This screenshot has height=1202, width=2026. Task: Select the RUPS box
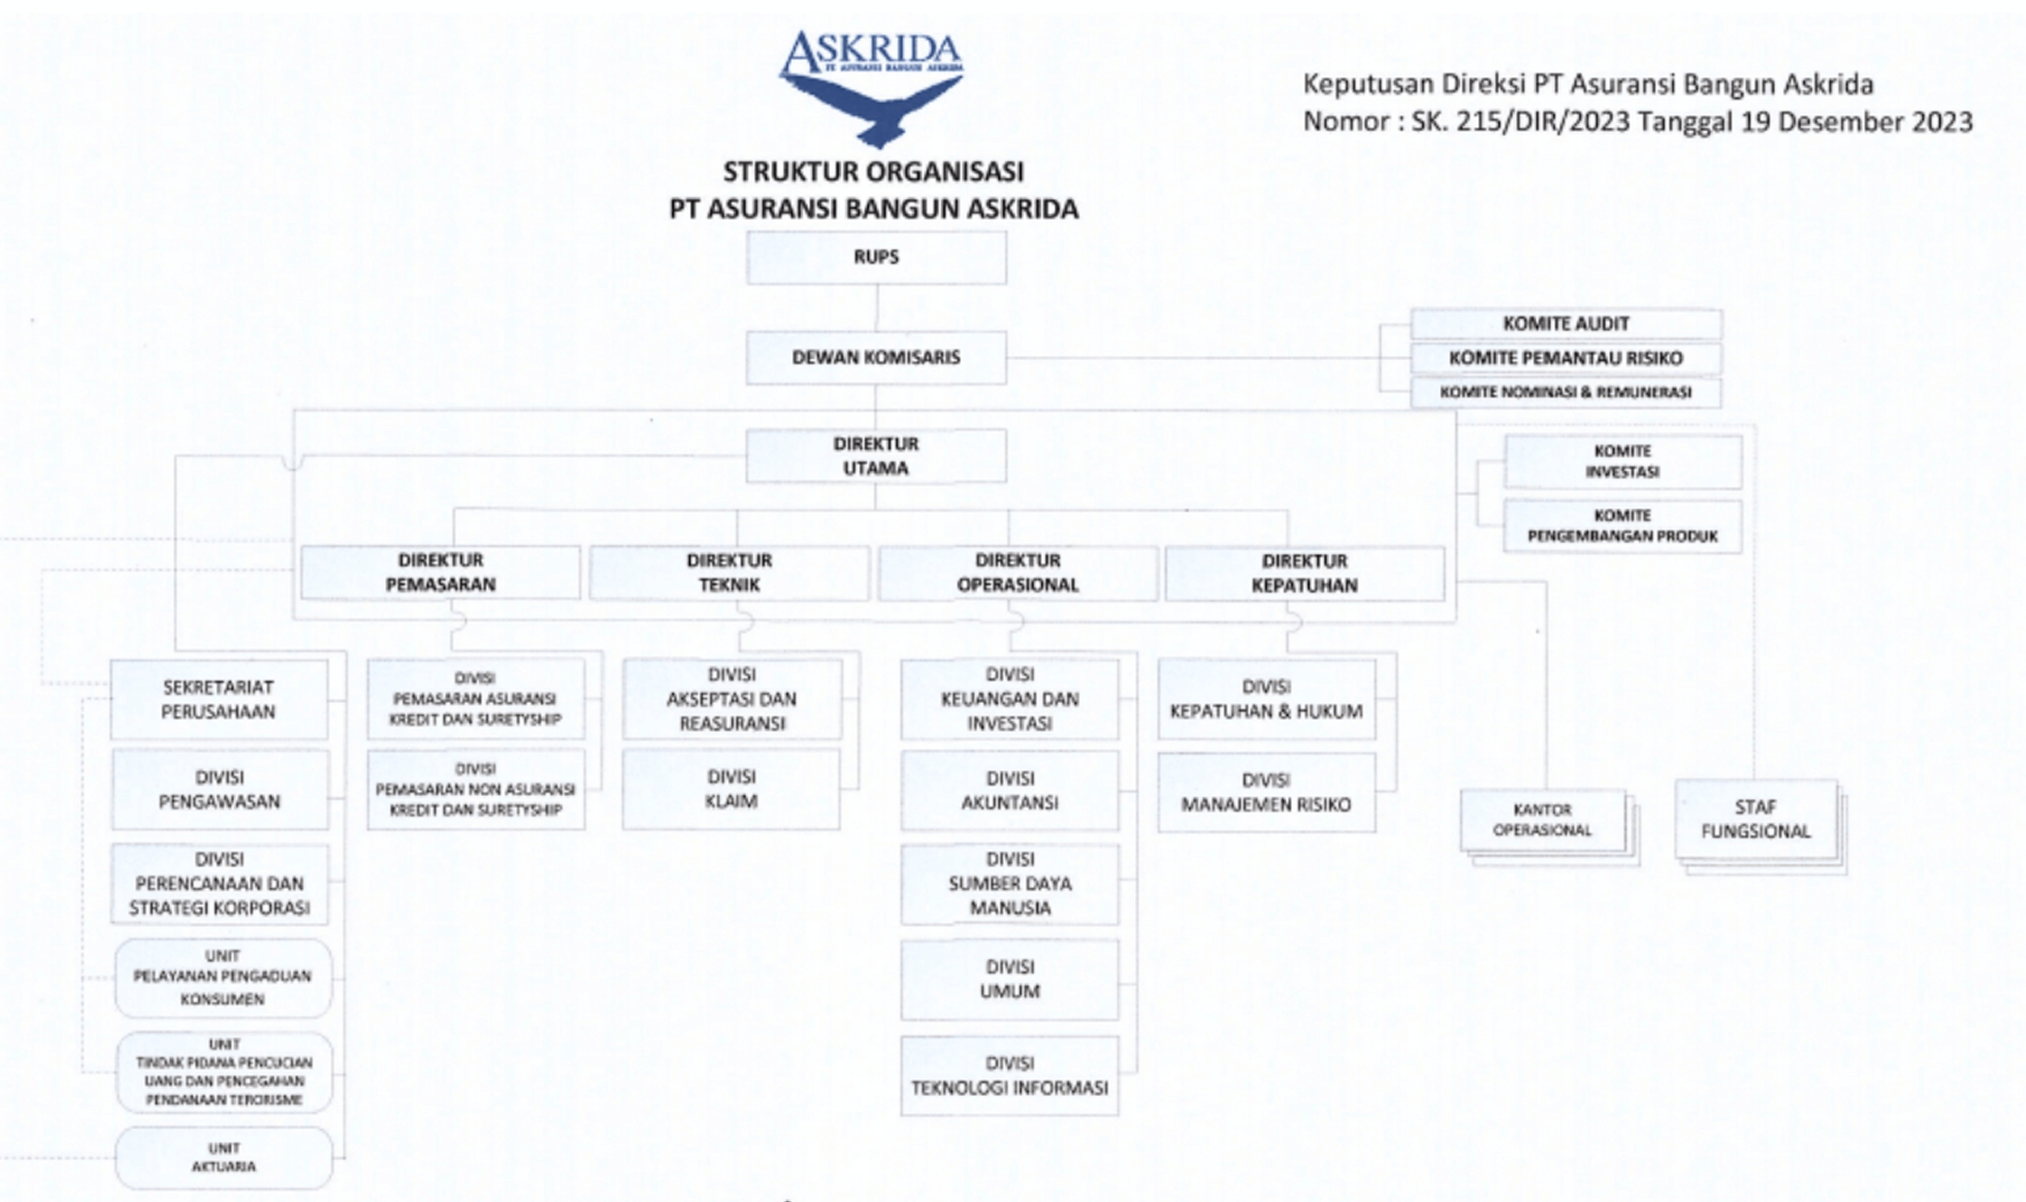[876, 257]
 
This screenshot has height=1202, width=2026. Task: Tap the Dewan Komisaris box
[876, 357]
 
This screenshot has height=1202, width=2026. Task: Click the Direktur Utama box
[876, 456]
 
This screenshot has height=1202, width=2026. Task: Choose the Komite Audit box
[1566, 324]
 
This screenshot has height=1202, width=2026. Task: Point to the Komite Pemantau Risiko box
[1566, 358]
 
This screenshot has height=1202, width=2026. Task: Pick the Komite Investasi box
[1623, 462]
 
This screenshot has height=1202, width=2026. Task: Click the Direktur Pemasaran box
[440, 573]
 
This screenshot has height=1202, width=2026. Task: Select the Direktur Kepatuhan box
[1304, 574]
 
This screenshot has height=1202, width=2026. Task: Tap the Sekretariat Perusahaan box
[219, 699]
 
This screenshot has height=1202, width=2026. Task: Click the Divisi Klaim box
[731, 789]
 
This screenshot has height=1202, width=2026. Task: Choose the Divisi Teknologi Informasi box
[1010, 1076]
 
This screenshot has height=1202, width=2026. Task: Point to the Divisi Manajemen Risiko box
[1266, 792]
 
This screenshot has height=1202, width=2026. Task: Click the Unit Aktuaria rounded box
[223, 1158]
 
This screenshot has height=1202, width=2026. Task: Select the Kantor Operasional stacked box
[1542, 820]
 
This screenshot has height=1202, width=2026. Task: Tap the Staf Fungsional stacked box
[1755, 819]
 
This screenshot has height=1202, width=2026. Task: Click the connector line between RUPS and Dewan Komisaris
[876, 308]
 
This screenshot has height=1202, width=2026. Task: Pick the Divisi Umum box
[1010, 980]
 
